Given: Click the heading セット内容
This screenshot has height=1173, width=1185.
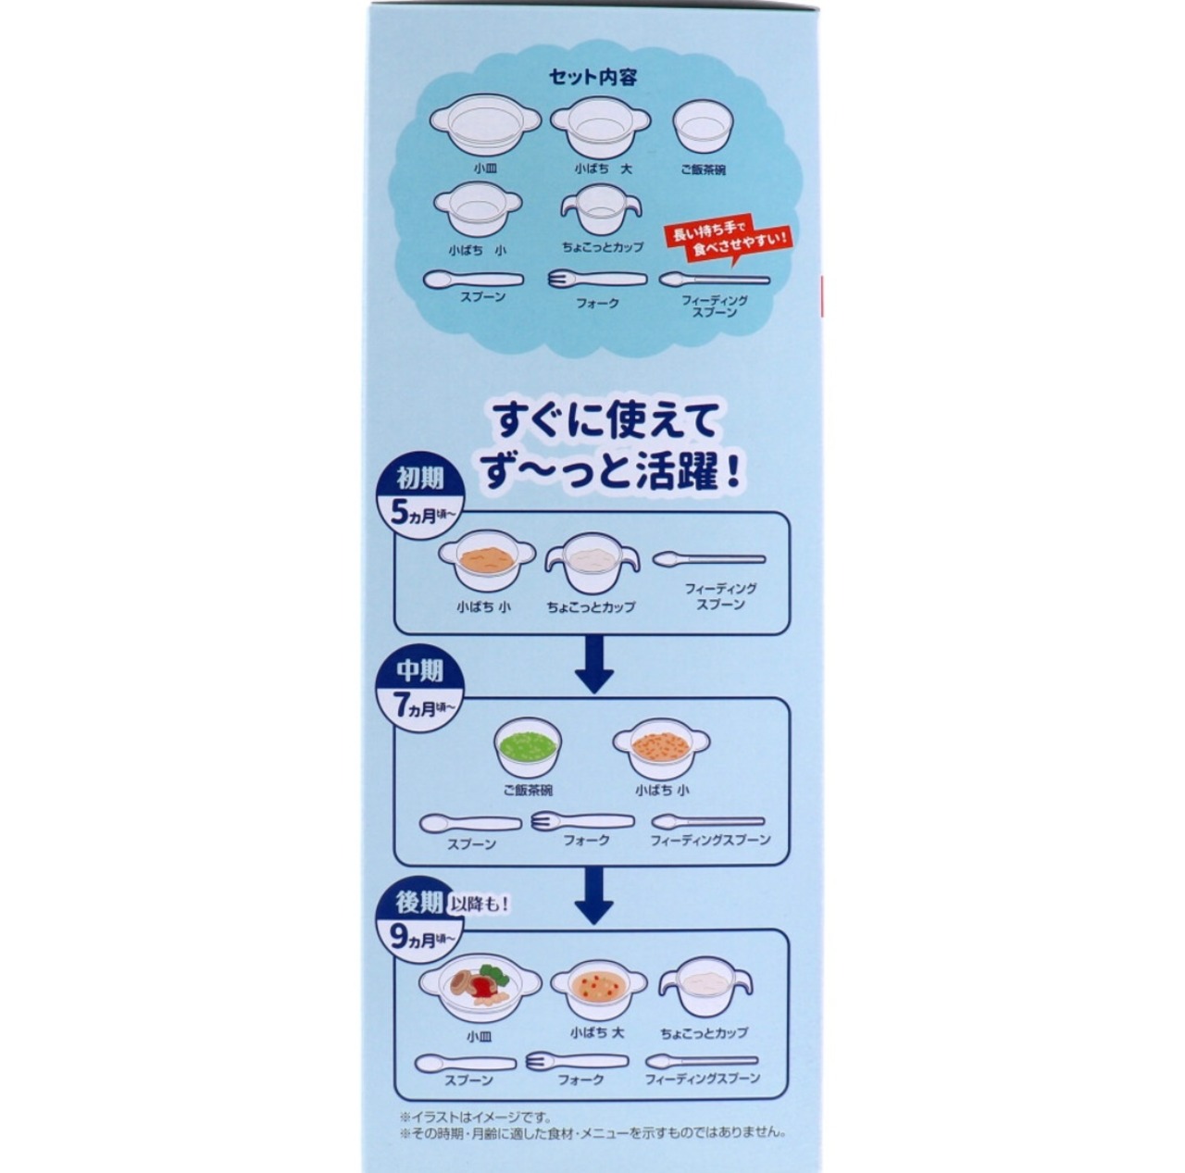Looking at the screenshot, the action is tap(592, 78).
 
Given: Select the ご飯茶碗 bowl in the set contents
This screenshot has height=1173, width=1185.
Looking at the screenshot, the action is tap(704, 128).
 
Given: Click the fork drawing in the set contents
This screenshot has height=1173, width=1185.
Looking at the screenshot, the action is tap(597, 280).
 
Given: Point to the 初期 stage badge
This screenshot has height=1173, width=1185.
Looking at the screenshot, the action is tap(420, 479).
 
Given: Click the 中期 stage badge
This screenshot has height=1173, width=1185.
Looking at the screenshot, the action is tap(419, 670).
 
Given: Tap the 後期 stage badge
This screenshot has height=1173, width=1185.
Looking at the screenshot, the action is tap(419, 903).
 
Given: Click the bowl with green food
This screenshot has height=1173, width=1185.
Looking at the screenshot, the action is tap(528, 746).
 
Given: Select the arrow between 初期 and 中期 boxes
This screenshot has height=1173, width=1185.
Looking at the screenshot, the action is tap(593, 665).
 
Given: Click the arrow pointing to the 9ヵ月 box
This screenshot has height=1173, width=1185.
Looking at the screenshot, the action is tap(593, 895).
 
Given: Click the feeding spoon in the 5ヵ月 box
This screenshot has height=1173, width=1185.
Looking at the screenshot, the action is tap(708, 559).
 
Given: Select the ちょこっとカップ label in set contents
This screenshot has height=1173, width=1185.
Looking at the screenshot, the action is tap(603, 247).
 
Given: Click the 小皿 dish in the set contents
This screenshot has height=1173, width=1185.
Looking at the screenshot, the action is tap(485, 125).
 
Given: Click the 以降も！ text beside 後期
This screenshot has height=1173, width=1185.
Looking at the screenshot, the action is tap(480, 904).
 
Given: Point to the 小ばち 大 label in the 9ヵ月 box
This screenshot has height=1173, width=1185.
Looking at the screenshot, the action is tap(596, 1033).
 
